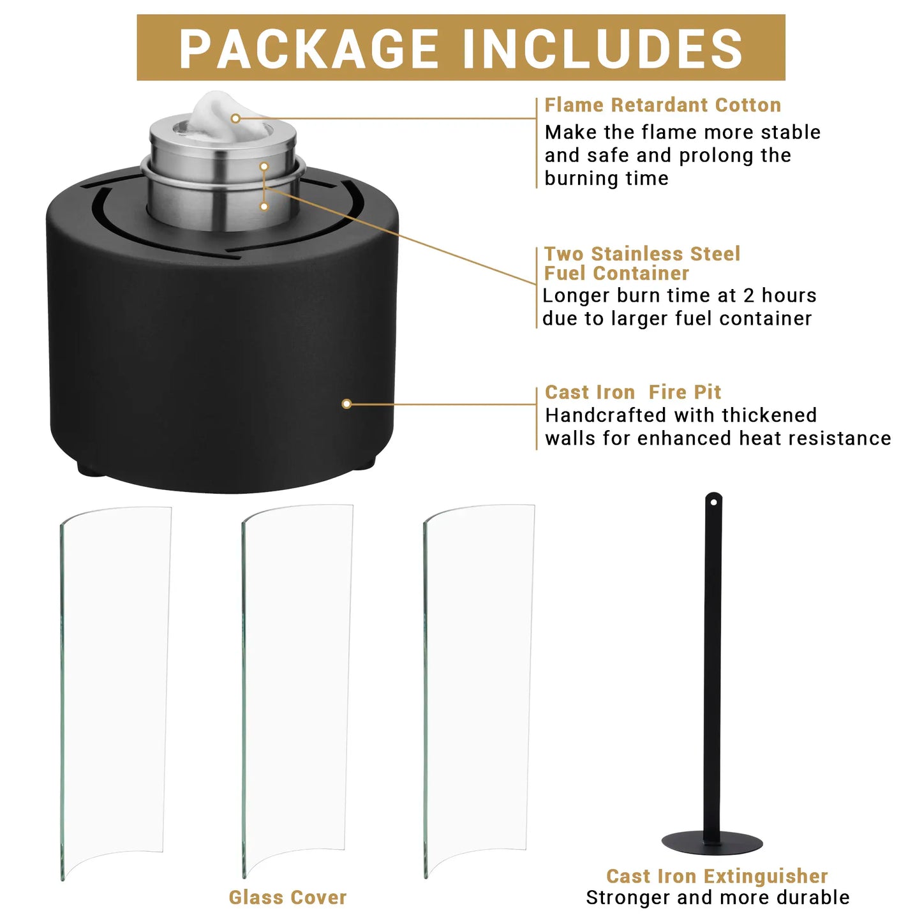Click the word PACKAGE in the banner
click(x=308, y=48)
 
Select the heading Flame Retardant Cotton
click(x=662, y=105)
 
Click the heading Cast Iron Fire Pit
click(x=632, y=392)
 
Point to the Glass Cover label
click(x=288, y=897)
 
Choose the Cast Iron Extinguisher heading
click(x=717, y=876)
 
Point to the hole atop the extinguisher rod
click(x=713, y=502)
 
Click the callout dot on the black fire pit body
click(x=347, y=404)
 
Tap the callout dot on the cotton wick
click(x=235, y=118)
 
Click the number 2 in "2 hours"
click(x=749, y=295)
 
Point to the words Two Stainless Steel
click(x=642, y=253)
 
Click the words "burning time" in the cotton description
click(x=606, y=179)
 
